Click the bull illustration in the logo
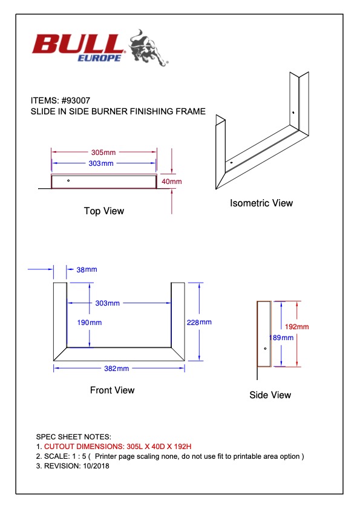(148, 48)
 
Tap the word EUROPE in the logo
(99, 57)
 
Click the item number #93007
(76, 100)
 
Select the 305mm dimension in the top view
(103, 153)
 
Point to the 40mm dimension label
(171, 182)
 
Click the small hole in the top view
(68, 180)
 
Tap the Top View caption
(104, 211)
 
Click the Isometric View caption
(261, 203)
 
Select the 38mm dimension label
(87, 269)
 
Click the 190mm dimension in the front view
(90, 323)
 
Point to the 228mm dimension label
(199, 323)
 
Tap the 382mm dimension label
(117, 369)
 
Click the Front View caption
(112, 390)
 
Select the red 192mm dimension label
(296, 327)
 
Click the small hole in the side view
(265, 349)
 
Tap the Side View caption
(270, 395)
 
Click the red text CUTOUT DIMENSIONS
(82, 446)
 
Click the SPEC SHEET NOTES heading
(74, 436)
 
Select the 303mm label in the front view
(108, 303)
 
